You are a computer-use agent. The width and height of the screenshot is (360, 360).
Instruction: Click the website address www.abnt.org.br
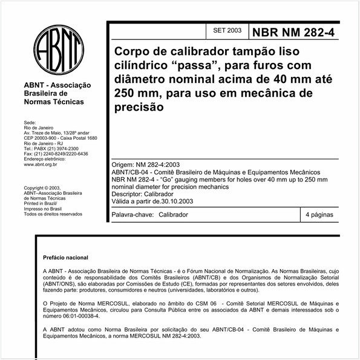[40, 164]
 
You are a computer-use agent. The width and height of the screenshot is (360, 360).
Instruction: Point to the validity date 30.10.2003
[184, 201]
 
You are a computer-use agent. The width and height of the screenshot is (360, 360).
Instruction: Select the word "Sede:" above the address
[30, 123]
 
